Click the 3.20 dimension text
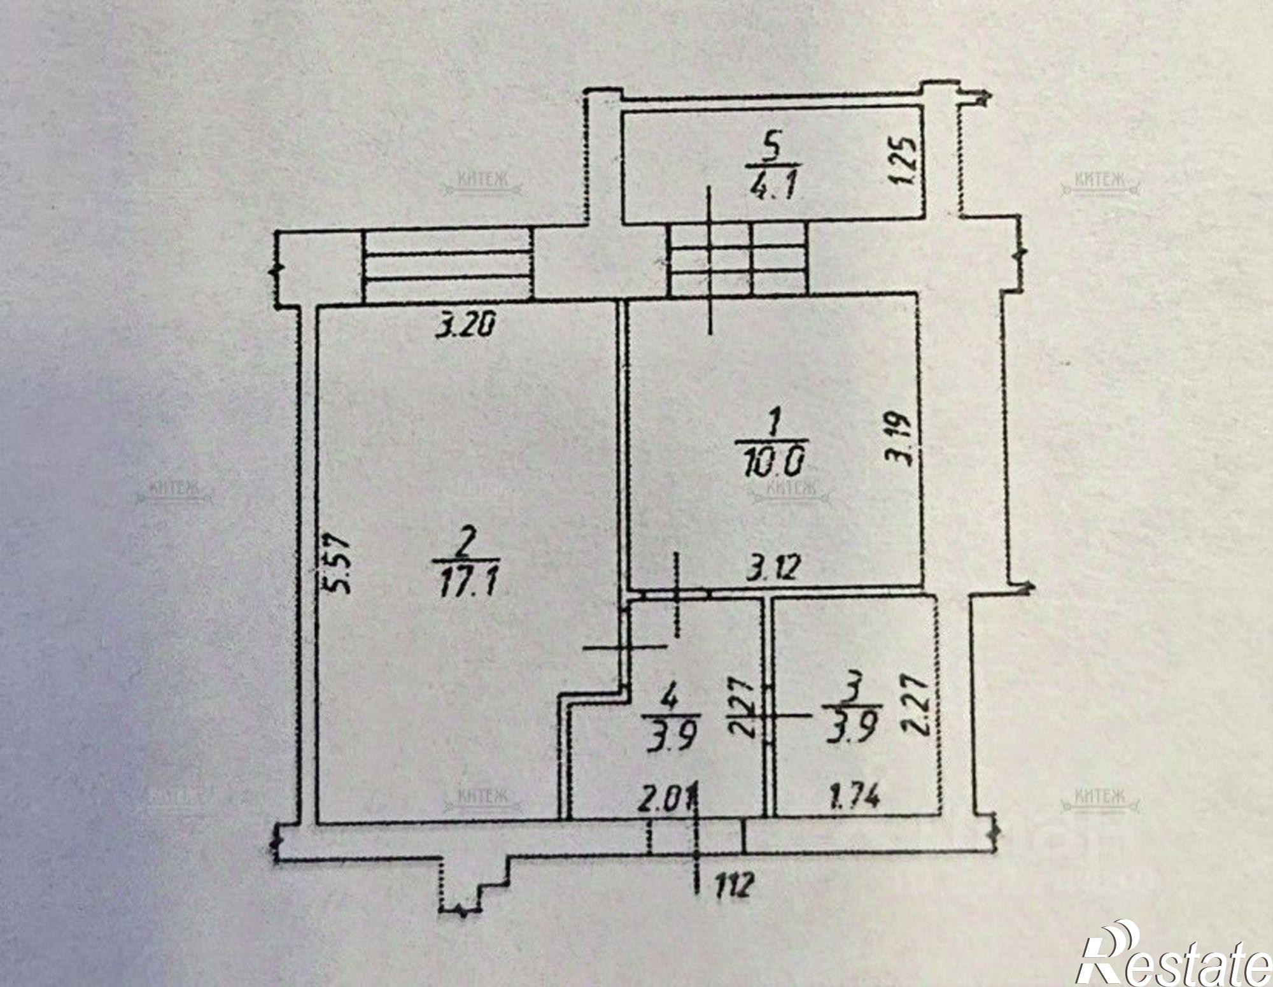[x=466, y=326]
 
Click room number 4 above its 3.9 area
[x=668, y=699]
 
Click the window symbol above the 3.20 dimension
[x=447, y=266]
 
